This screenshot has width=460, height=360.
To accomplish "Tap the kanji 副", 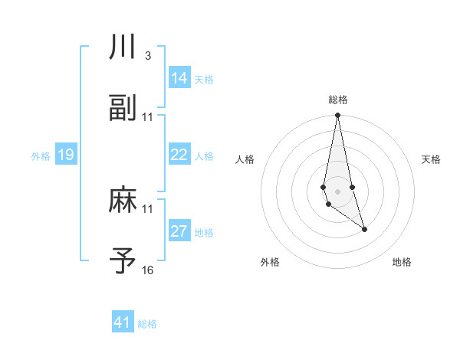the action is [x=123, y=109].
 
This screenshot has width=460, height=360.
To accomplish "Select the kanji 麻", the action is [x=123, y=200].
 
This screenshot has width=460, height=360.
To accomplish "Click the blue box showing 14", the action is [x=179, y=78].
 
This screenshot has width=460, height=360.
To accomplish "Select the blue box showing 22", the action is [x=179, y=155].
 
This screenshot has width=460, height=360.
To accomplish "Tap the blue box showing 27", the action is [x=179, y=231].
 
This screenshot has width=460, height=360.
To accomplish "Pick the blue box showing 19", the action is [x=66, y=155].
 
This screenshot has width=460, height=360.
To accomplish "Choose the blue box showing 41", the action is [x=123, y=322].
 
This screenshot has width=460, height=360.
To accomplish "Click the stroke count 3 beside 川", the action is [x=147, y=56].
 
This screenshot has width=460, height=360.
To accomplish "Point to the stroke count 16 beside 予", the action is [x=148, y=270].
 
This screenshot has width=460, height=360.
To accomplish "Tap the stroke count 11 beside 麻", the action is [x=148, y=208].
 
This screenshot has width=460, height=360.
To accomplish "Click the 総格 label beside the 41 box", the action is [x=147, y=324].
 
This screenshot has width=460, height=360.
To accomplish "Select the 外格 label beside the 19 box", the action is [x=41, y=156].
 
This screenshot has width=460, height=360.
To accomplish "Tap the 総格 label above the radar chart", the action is [x=337, y=100].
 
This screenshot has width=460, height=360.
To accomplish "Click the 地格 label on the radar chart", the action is [x=402, y=263].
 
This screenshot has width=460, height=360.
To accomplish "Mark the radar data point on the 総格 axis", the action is [x=337, y=116].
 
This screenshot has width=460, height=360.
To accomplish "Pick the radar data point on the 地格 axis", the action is [x=364, y=229].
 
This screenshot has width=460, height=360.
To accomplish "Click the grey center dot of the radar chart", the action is [x=337, y=190].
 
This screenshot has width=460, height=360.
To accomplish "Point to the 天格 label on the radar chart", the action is [x=431, y=159].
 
